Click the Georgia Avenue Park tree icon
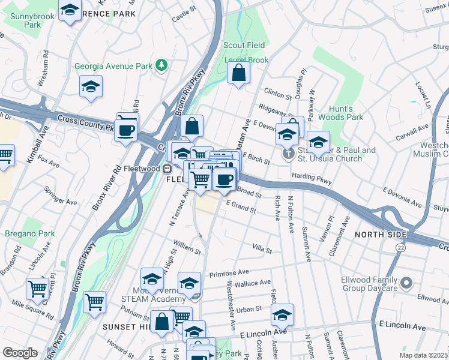click(x=161, y=65)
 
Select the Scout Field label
click(x=244, y=45)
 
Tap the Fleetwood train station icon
click(x=170, y=169)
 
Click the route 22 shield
click(x=400, y=247)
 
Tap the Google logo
click(x=20, y=353)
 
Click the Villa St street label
click(x=262, y=247)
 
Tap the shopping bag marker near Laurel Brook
click(x=239, y=74)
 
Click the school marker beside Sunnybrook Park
click(x=70, y=11)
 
